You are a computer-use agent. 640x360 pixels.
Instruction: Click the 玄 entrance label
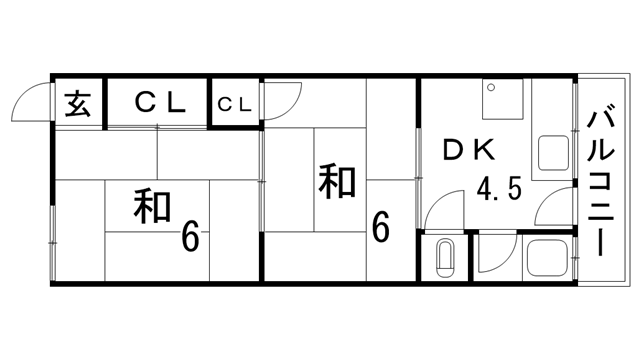point(78,102)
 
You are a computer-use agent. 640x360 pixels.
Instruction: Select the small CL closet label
point(235,102)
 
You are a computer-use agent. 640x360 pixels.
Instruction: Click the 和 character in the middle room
point(338,182)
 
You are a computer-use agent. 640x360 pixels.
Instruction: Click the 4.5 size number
point(498,190)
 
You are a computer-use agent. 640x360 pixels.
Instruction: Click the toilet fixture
point(446,260)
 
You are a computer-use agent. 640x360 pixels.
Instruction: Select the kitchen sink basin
point(552,154)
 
